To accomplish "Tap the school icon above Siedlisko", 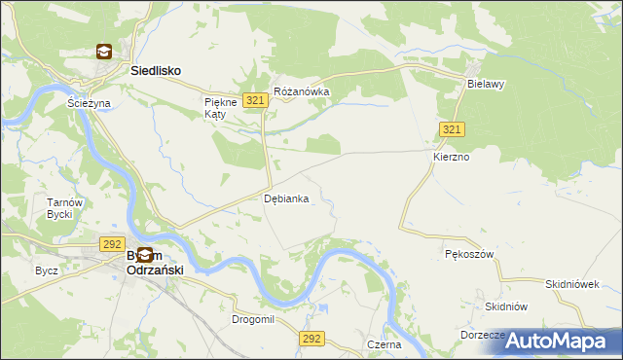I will (104, 53).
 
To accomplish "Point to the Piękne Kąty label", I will (214, 107).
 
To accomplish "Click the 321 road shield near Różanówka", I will (256, 101).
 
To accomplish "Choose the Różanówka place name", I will (302, 91).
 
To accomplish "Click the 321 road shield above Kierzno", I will (451, 129).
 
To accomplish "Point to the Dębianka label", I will (287, 198).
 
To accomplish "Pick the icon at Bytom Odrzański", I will (143, 254).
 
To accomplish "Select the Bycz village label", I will (46, 270).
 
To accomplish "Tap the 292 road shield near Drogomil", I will (311, 338).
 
